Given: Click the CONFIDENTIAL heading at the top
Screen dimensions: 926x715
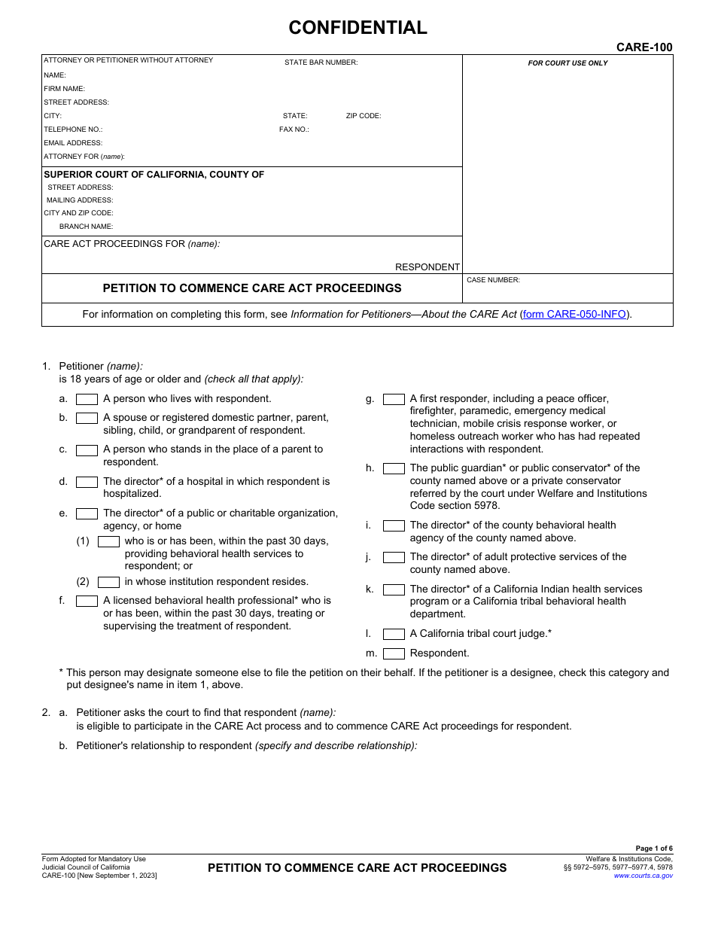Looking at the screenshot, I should (x=357, y=28).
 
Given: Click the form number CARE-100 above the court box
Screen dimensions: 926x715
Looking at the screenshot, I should (x=644, y=47).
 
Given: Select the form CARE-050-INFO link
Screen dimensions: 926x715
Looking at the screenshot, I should (x=575, y=315).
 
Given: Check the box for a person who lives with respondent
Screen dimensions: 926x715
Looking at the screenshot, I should (x=87, y=399).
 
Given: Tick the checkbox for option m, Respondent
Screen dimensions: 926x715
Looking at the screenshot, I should (x=394, y=653).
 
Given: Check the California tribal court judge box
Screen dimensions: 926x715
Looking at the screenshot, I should (x=394, y=634).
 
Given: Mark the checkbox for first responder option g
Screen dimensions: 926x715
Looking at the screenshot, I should (x=394, y=399).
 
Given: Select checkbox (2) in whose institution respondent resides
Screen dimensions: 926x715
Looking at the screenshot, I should (x=108, y=582).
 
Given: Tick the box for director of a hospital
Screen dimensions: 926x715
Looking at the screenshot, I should (x=87, y=482).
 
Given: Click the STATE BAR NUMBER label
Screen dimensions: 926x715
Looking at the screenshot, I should (x=321, y=62).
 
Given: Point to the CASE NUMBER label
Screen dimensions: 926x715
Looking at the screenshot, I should (x=493, y=280).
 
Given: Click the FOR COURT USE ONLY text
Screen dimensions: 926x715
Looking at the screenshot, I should (x=567, y=63).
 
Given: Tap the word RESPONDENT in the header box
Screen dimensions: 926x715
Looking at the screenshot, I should (x=427, y=267).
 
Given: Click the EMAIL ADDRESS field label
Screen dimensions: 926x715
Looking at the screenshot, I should (x=73, y=143).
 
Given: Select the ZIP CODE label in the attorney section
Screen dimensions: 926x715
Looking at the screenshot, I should (x=364, y=116).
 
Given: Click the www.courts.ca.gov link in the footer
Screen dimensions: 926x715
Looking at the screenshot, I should (x=643, y=876).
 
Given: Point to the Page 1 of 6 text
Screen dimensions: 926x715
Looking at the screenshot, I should (x=654, y=848).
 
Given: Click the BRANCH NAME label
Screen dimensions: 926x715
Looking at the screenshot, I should (x=86, y=227).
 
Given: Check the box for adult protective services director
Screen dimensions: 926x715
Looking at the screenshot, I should (x=394, y=558).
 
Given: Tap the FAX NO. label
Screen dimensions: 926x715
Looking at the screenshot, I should (x=294, y=129).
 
